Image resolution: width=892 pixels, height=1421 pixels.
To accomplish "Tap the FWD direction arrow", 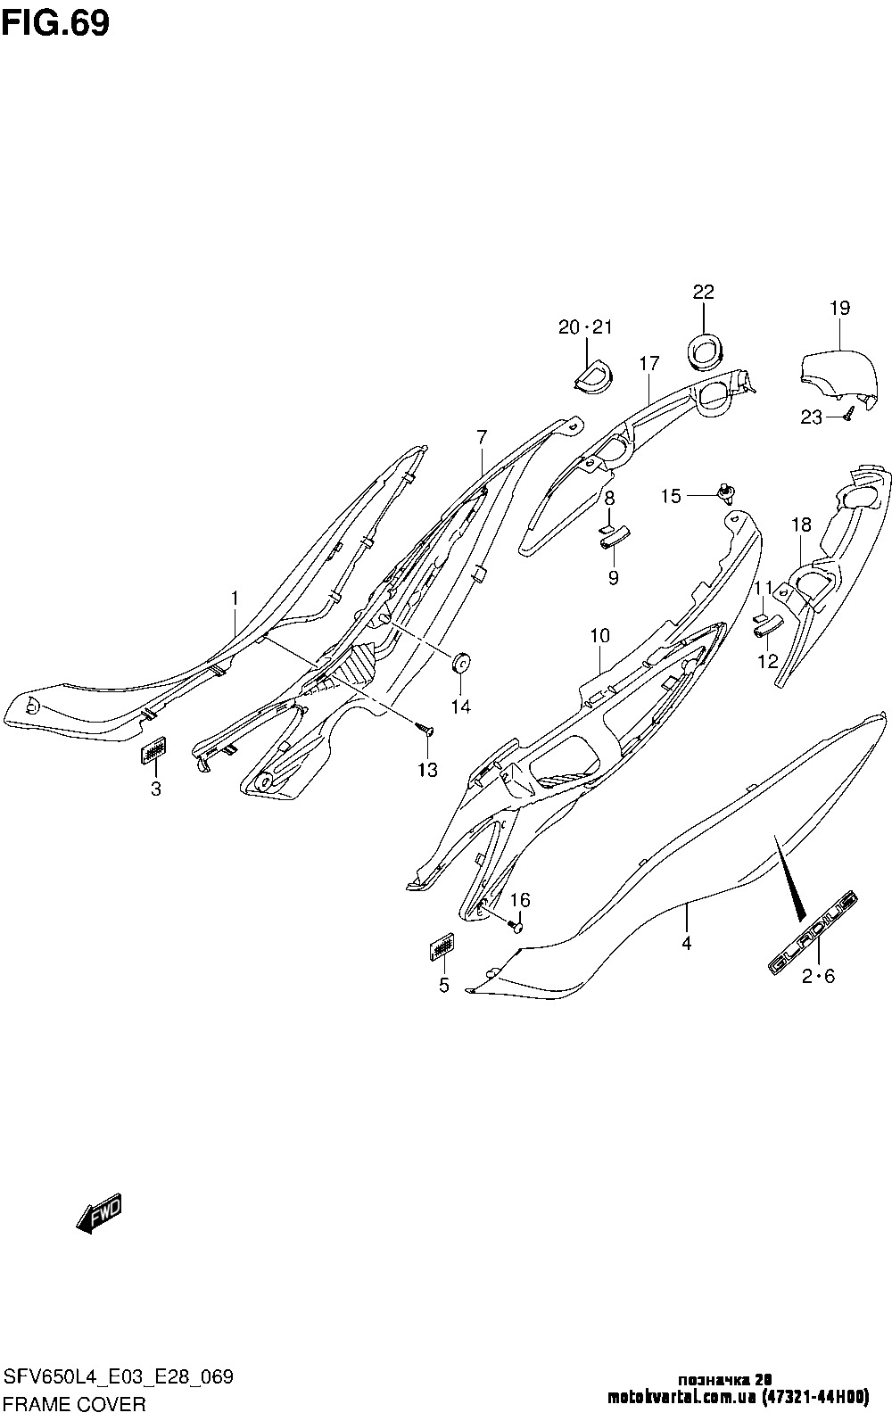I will tap(99, 1214).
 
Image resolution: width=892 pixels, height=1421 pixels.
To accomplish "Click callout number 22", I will tap(703, 293).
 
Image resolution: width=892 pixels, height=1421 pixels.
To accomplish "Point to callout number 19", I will tap(838, 309).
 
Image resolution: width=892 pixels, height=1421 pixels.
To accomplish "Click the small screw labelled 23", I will tap(848, 413).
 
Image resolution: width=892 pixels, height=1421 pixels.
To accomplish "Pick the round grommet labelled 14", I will tap(461, 663).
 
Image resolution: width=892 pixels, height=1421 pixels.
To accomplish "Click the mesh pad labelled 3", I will tap(154, 752).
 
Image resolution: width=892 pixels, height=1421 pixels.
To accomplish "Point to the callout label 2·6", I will tap(817, 977).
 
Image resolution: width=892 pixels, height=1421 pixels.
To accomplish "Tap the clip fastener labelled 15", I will tap(728, 492).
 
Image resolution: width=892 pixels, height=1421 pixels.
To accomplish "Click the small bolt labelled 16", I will tap(516, 924).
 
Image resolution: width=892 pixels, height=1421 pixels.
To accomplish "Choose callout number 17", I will tap(648, 364).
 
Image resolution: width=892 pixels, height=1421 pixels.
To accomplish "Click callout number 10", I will tap(599, 636).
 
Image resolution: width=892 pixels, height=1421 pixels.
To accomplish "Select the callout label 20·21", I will tap(585, 327).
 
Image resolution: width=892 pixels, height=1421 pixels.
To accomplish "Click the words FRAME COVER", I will tap(73, 1404).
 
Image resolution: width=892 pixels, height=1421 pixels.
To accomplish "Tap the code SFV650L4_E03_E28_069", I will tap(119, 1377).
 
